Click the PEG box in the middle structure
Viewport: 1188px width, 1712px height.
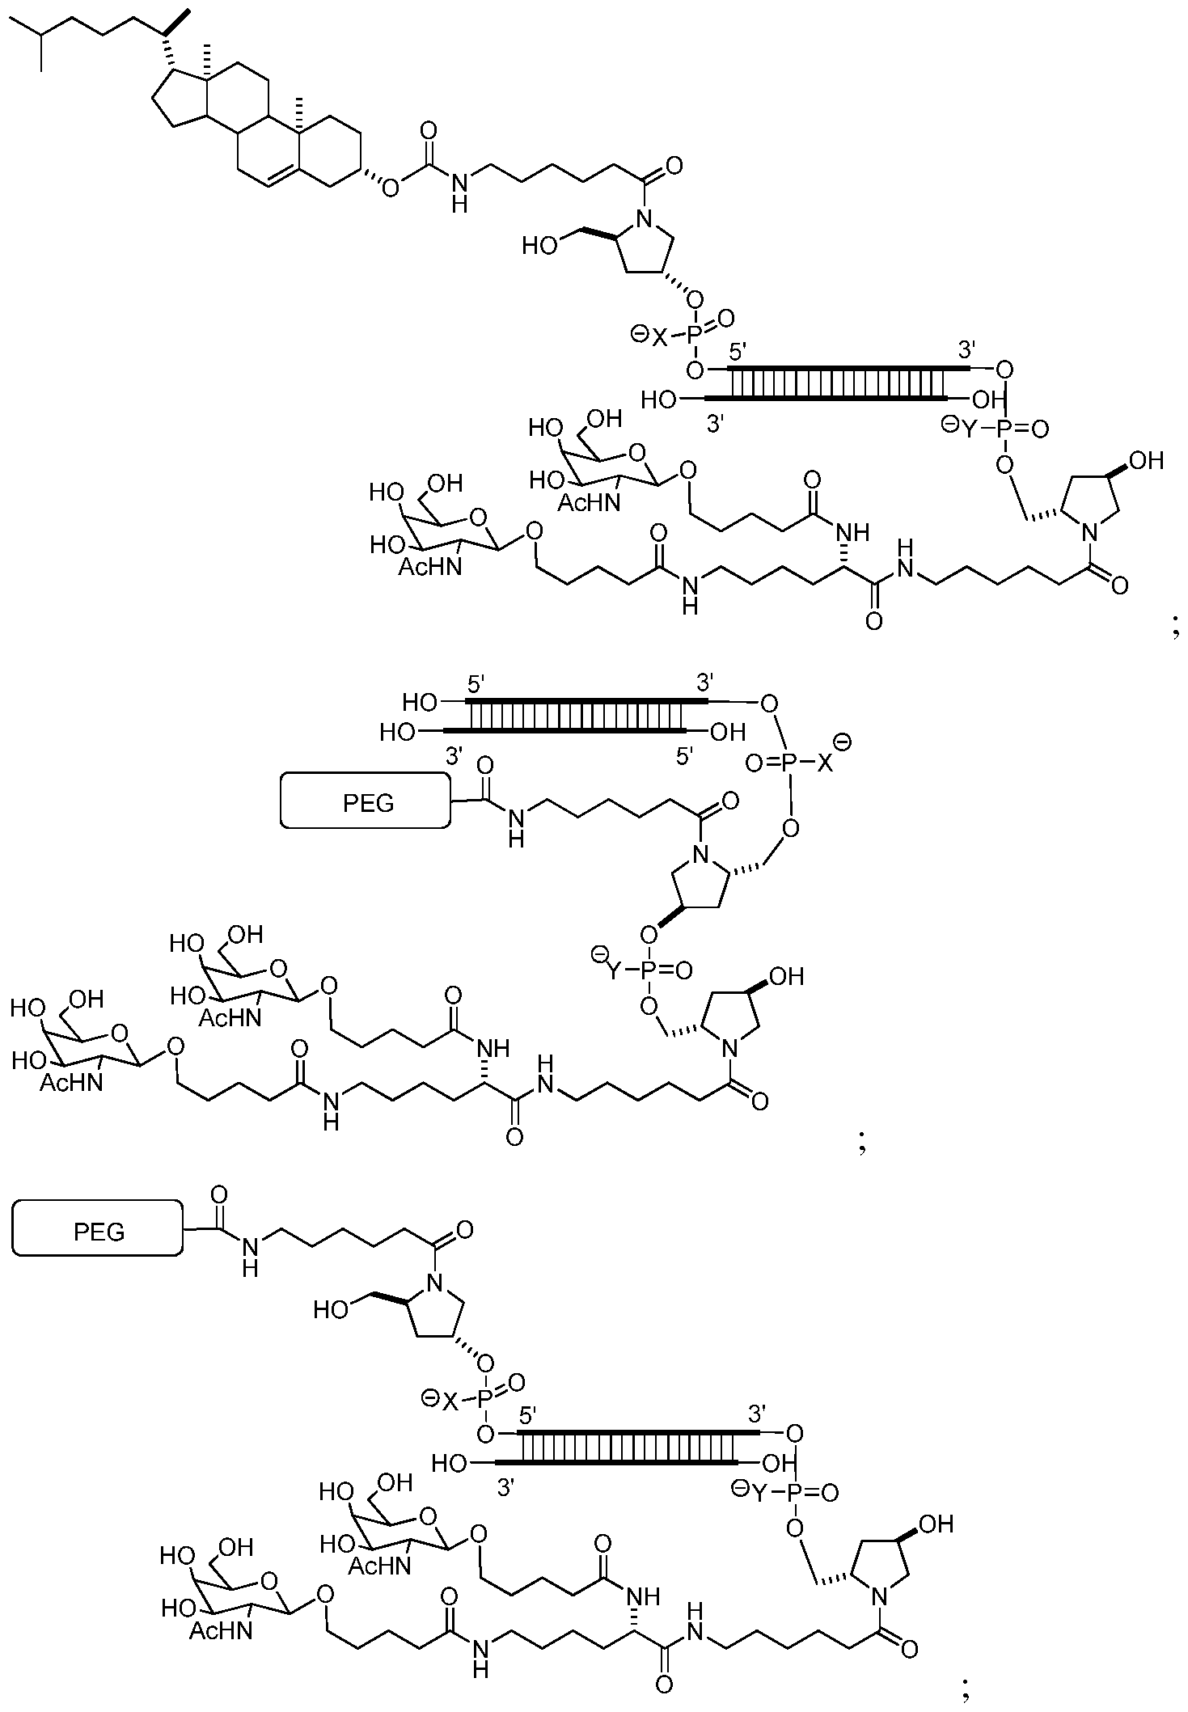click(x=366, y=800)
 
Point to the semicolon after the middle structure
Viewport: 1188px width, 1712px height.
click(x=862, y=1143)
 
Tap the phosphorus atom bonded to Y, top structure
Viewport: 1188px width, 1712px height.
click(x=1004, y=429)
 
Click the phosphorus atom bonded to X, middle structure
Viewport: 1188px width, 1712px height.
click(x=789, y=763)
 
